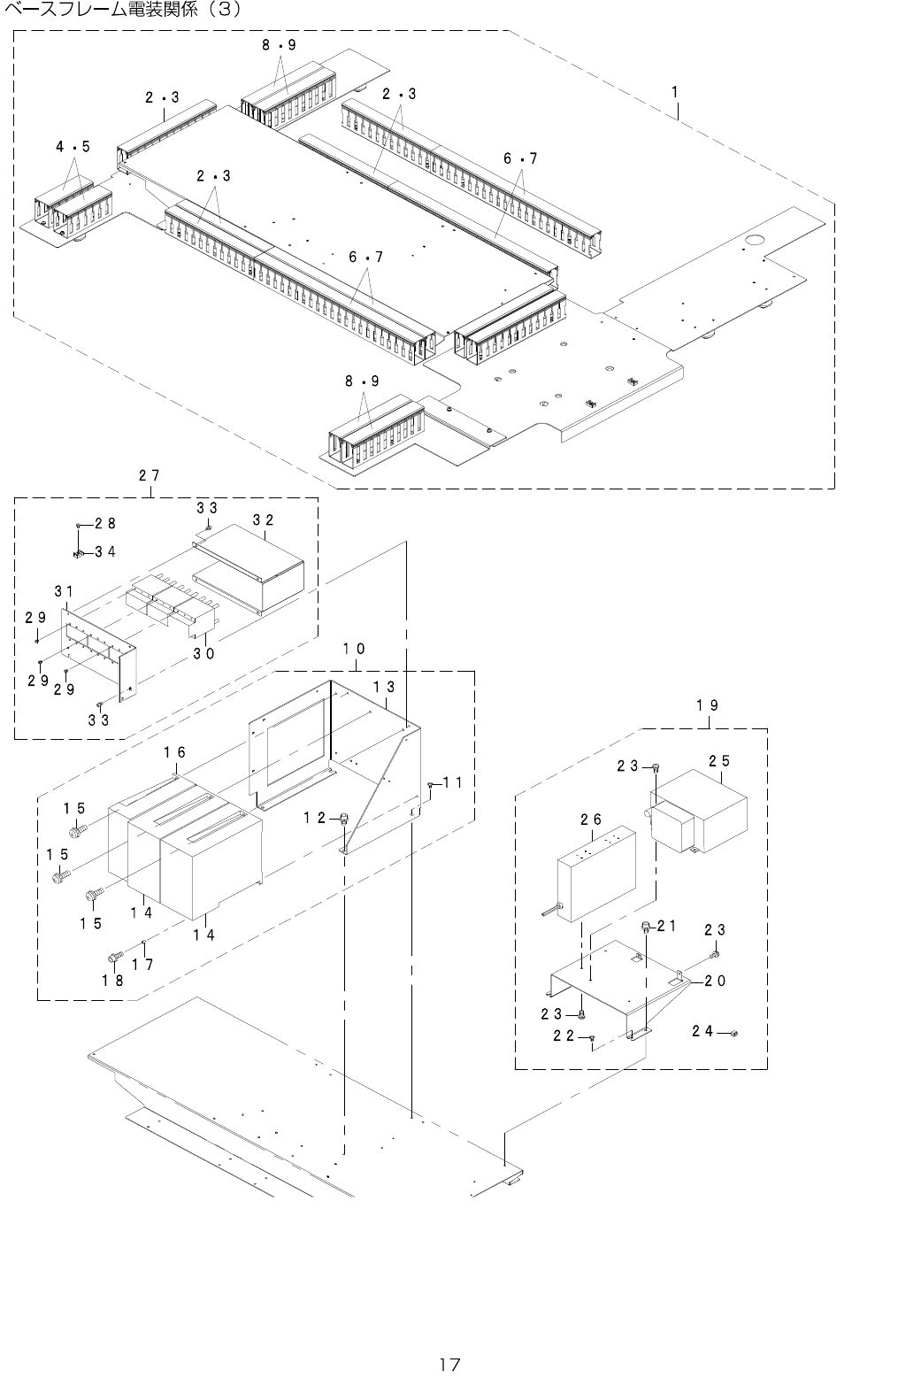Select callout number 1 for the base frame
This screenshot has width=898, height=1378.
click(x=674, y=91)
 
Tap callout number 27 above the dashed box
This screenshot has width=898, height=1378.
click(x=149, y=475)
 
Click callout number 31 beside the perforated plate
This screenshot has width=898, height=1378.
click(x=63, y=590)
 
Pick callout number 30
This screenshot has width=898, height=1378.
click(x=204, y=653)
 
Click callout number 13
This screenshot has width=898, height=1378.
click(x=383, y=686)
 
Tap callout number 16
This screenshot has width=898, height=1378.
click(x=174, y=752)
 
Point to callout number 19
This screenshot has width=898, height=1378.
click(x=707, y=705)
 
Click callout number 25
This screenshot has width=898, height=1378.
click(x=719, y=760)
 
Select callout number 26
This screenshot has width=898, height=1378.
click(x=591, y=820)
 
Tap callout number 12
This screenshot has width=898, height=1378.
click(x=315, y=818)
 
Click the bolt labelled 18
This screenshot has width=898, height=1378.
click(x=114, y=957)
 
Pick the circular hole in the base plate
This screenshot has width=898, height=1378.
click(x=755, y=240)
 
